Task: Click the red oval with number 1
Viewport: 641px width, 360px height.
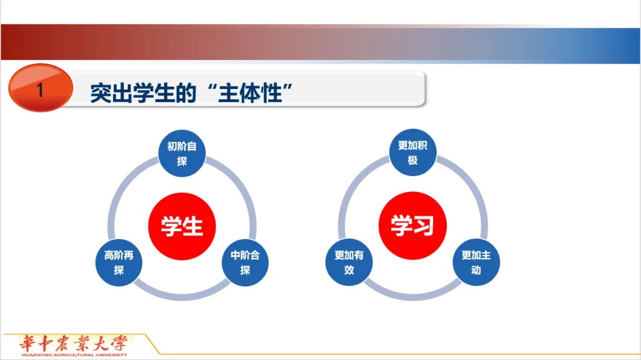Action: tap(40, 88)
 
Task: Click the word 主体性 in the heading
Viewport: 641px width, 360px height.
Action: tap(250, 93)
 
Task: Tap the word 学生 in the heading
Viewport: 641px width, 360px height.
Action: tap(153, 93)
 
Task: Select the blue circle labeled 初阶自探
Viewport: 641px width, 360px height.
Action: tap(182, 153)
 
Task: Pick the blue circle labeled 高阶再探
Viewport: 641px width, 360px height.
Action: tap(119, 262)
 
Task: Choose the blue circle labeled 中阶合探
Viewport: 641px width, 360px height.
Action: tap(245, 262)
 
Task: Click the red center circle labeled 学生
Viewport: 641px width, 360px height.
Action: tap(182, 226)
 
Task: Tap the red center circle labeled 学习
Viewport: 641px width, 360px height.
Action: tap(412, 225)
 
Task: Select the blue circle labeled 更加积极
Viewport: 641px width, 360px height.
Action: tap(413, 152)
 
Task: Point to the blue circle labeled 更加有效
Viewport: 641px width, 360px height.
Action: tap(349, 262)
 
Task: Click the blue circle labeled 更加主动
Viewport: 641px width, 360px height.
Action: tap(476, 262)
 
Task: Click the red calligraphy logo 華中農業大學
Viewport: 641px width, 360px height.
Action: tap(73, 343)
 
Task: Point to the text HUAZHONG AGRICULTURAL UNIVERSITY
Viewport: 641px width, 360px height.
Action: tap(74, 355)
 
